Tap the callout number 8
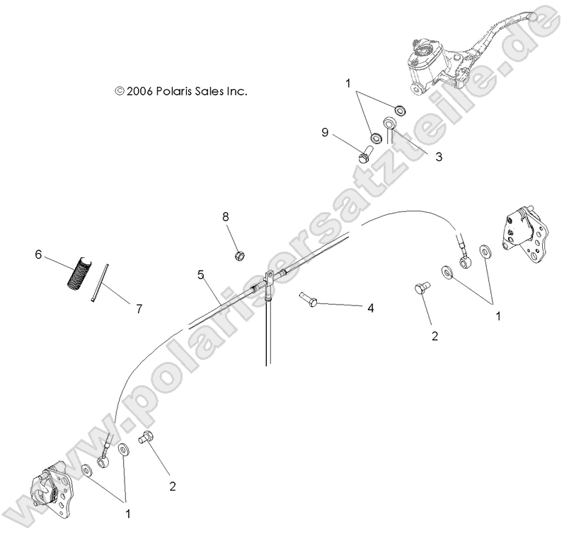coord(226,217)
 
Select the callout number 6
coord(38,253)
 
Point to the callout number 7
coord(139,308)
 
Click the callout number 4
coord(369,308)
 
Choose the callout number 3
coord(439,157)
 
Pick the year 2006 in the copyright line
coord(139,91)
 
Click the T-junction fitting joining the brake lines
coord(270,284)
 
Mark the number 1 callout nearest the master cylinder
coord(347,83)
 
